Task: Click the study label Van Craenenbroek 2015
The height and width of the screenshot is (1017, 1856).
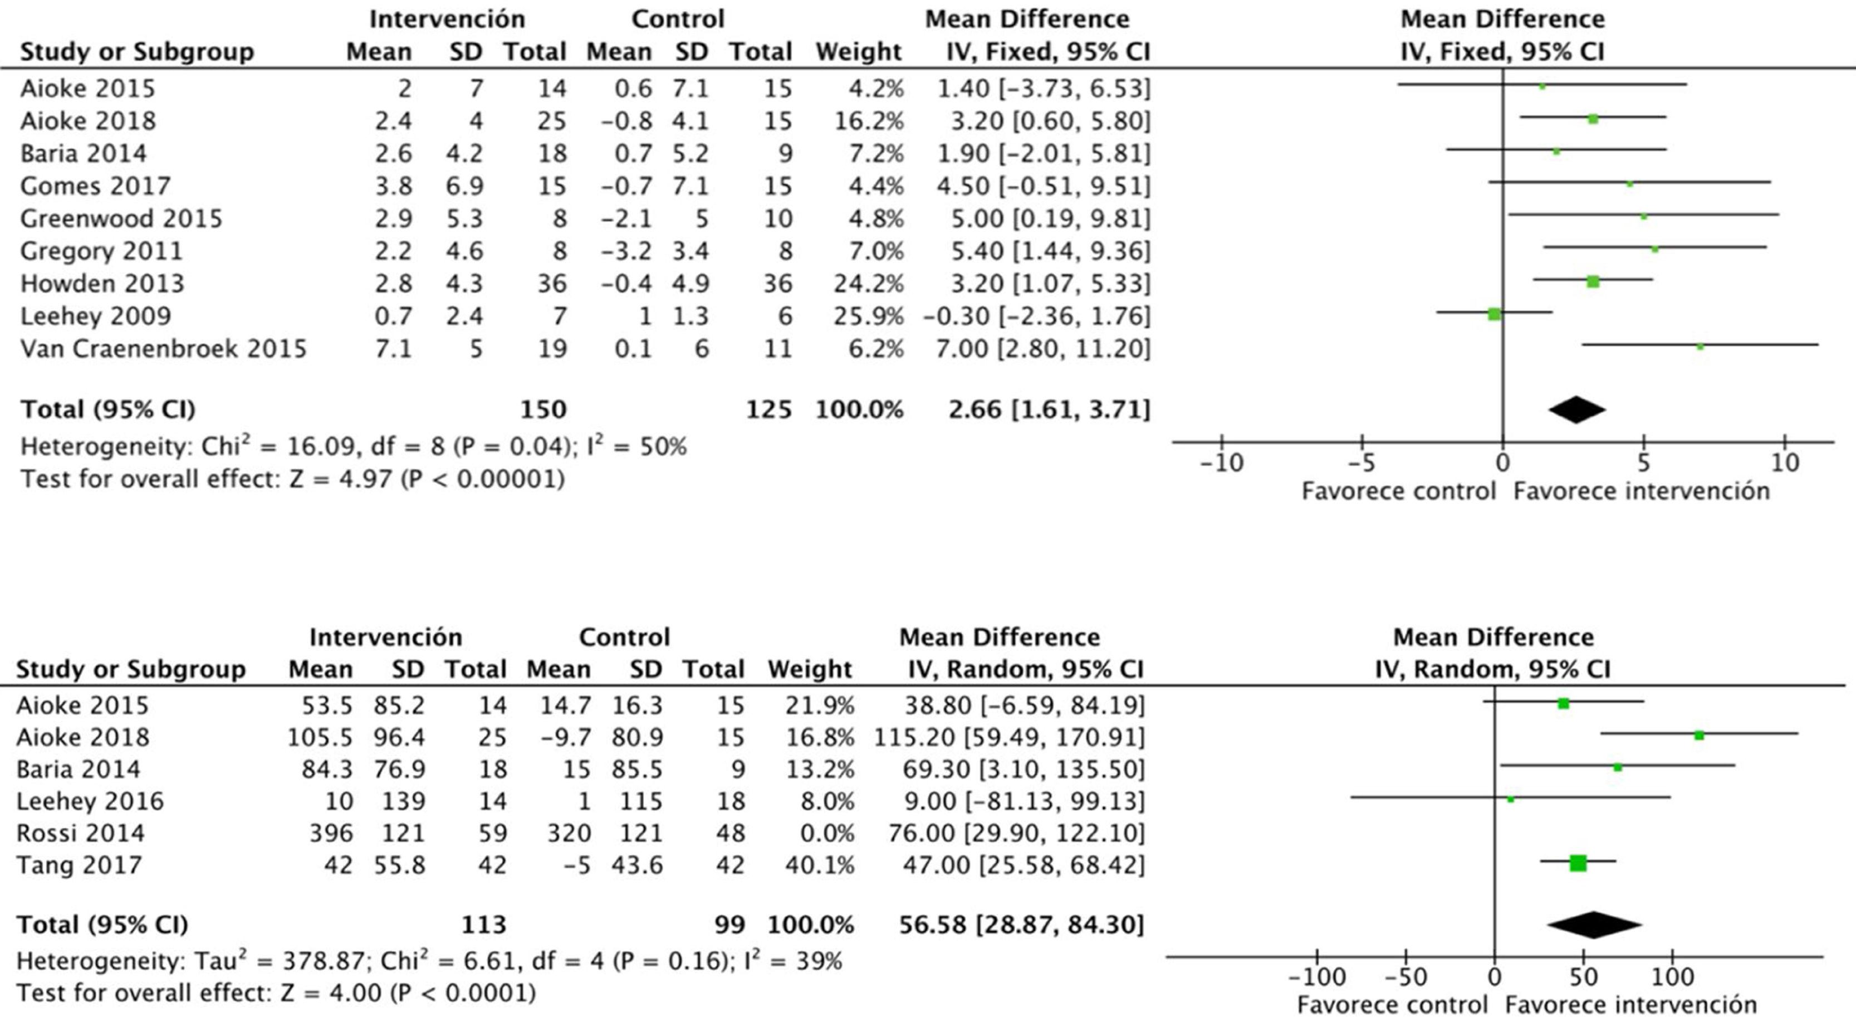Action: pyautogui.click(x=163, y=349)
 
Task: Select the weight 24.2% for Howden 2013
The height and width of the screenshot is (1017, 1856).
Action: pyautogui.click(x=868, y=283)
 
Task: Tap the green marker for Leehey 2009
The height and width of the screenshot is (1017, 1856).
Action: pyautogui.click(x=1493, y=314)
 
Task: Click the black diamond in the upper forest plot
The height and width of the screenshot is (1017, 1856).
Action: pyautogui.click(x=1576, y=410)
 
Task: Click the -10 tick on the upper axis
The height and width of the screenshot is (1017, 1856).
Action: pyautogui.click(x=1222, y=462)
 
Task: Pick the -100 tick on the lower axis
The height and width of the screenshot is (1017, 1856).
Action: pyautogui.click(x=1316, y=977)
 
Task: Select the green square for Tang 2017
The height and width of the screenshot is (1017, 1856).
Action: pyautogui.click(x=1578, y=863)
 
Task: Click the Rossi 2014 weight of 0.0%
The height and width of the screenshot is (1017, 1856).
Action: pyautogui.click(x=827, y=833)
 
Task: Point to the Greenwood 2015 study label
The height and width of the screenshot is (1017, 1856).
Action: pyautogui.click(x=121, y=218)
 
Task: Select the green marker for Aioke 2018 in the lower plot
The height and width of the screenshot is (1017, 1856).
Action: pyautogui.click(x=1699, y=735)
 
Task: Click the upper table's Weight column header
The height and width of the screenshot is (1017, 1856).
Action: pyautogui.click(x=858, y=52)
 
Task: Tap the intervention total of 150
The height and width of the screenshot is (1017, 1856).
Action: pyautogui.click(x=543, y=410)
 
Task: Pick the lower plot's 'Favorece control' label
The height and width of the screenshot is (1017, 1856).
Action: pyautogui.click(x=1392, y=1004)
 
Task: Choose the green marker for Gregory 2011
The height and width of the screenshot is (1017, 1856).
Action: pyautogui.click(x=1654, y=249)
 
